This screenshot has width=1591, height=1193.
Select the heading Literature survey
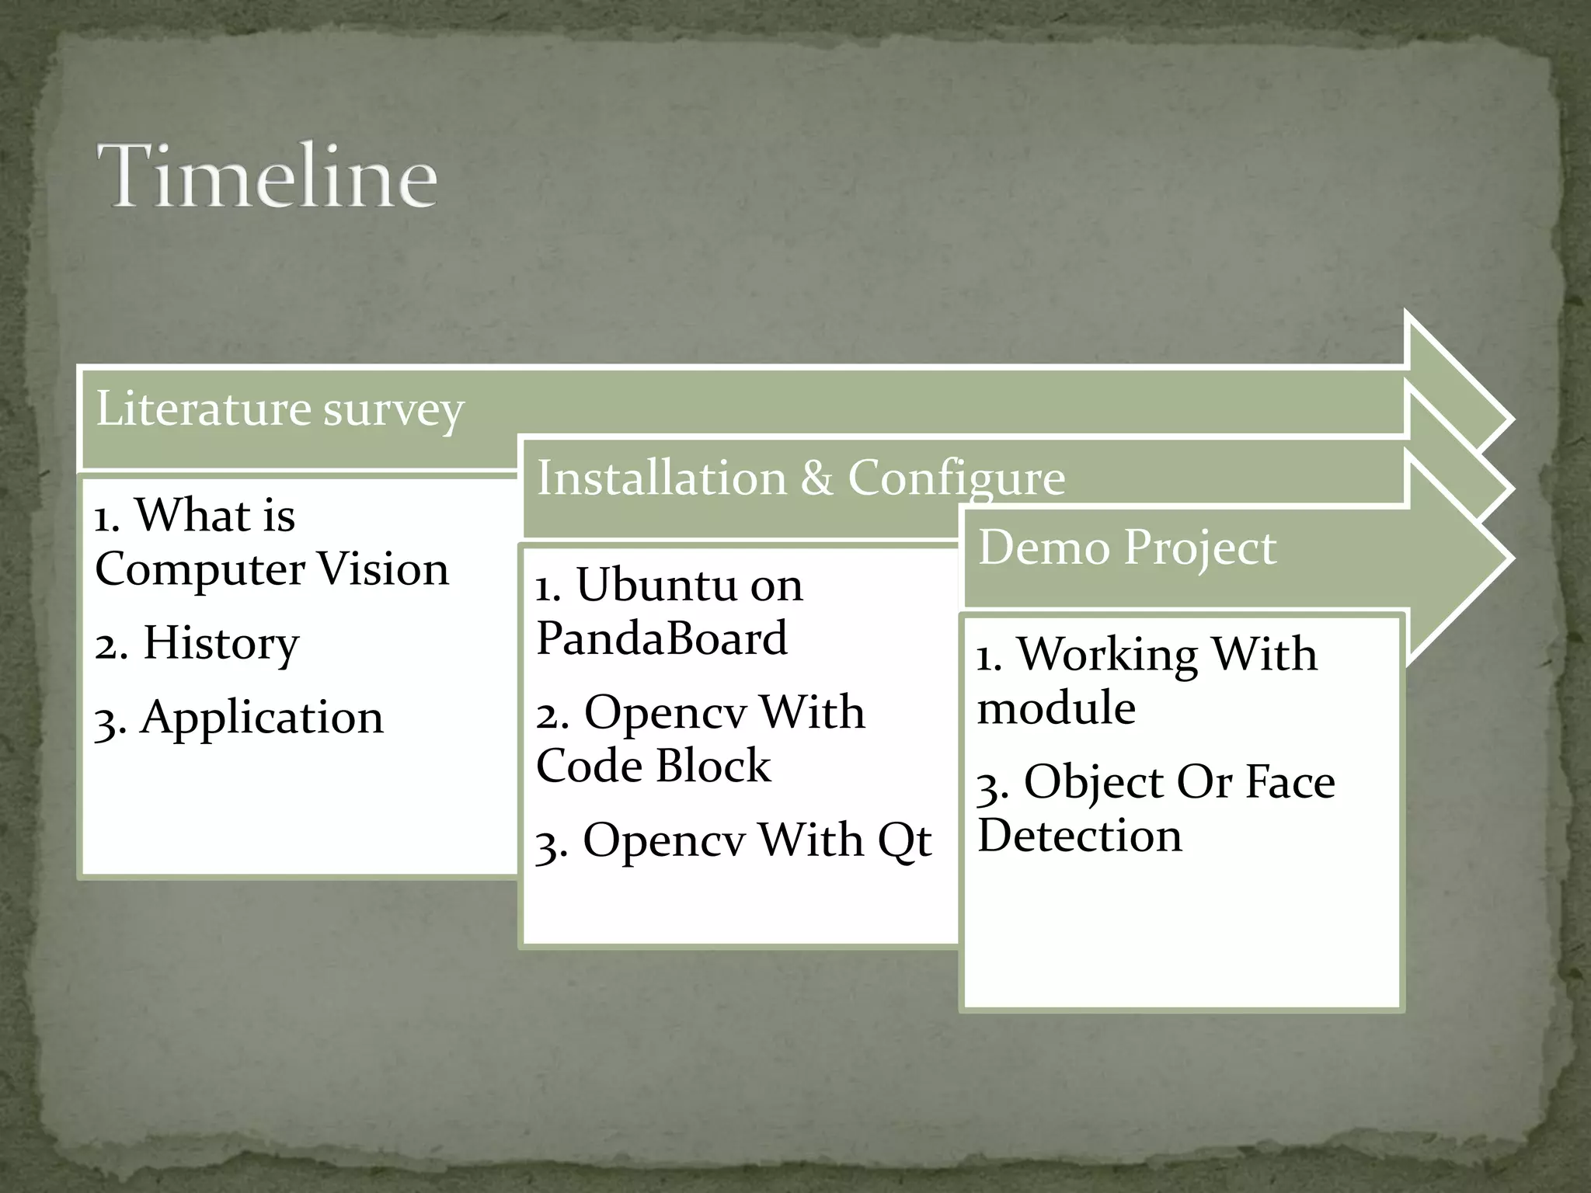[280, 409]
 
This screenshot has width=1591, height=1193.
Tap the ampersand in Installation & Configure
[816, 477]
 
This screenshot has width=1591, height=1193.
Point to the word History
[221, 643]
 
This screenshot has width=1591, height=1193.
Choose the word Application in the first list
[262, 717]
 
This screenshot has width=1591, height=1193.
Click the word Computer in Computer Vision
[200, 569]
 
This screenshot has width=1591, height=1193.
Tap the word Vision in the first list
[384, 569]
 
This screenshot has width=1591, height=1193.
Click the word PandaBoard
[662, 638]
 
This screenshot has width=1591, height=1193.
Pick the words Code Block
[653, 766]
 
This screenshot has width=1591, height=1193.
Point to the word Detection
[1080, 836]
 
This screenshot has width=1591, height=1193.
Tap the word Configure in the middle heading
[956, 478]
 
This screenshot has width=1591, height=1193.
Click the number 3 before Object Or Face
[989, 786]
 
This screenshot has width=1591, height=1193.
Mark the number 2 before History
[107, 646]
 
